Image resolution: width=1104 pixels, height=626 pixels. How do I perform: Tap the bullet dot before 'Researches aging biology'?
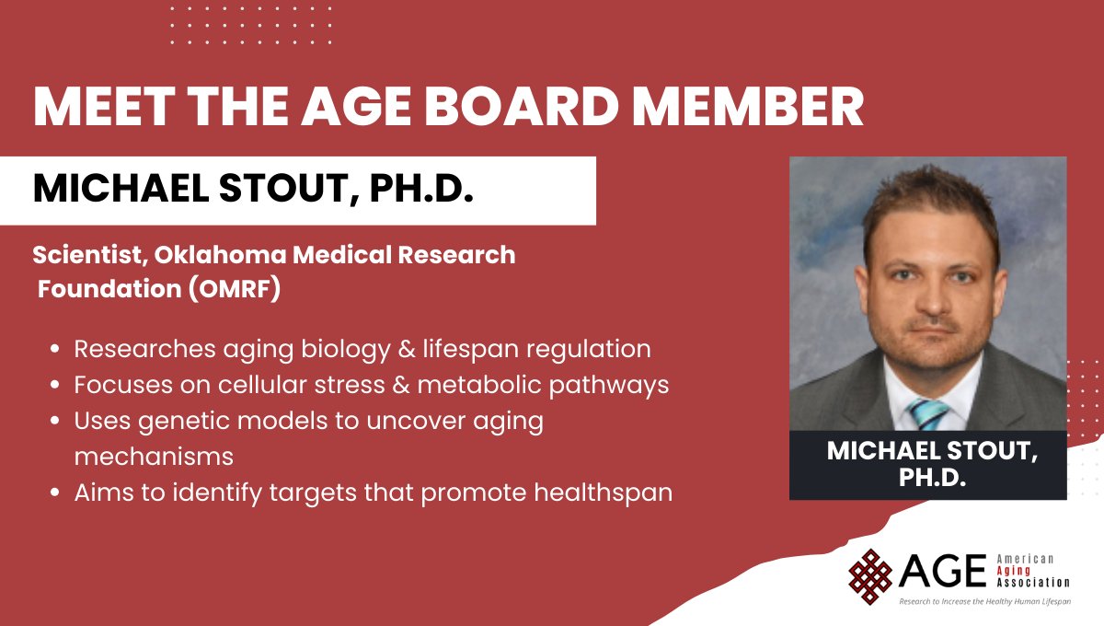tap(57, 351)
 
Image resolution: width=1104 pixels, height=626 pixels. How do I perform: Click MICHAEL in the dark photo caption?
tap(883, 451)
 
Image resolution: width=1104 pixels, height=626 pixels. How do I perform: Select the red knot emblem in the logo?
tap(869, 572)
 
